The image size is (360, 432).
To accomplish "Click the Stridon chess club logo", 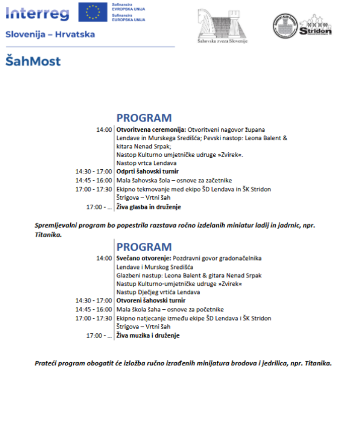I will [x=302, y=25].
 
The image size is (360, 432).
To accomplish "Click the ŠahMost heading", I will [x=33, y=61].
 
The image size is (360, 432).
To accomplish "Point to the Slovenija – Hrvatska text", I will [x=50, y=35].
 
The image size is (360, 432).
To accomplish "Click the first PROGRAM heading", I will [x=144, y=118].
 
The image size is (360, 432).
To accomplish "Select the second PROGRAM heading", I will [x=144, y=246].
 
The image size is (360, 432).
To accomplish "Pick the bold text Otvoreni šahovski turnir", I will [x=150, y=300].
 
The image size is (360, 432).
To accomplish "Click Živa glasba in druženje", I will [x=149, y=207].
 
